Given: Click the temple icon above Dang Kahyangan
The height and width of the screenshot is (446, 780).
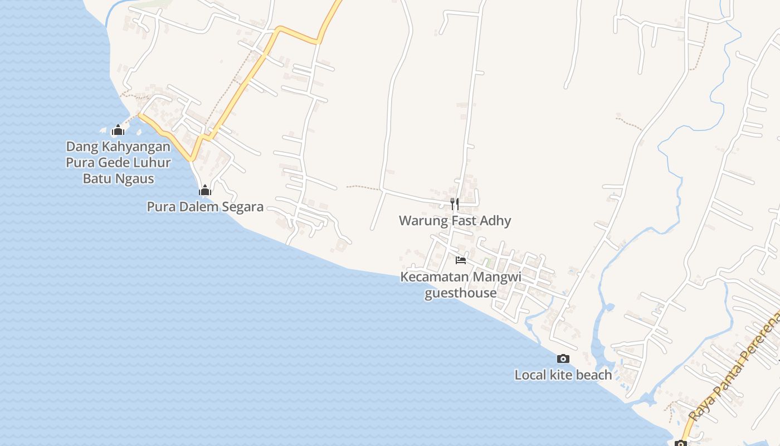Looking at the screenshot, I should click(x=118, y=130).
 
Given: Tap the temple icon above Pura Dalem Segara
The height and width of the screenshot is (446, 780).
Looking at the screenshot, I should click(x=205, y=191).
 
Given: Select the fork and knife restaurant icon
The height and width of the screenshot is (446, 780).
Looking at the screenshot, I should click(x=455, y=204).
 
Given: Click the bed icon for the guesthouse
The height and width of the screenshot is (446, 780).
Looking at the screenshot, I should click(x=460, y=260).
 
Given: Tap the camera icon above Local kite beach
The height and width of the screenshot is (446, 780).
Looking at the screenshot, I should click(x=563, y=358).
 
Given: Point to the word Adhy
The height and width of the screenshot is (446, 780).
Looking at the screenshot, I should click(x=496, y=221).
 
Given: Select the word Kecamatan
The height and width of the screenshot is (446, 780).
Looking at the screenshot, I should click(x=435, y=277).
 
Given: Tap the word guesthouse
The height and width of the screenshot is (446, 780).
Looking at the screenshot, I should click(x=460, y=293).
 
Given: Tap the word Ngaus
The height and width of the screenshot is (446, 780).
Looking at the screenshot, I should click(x=134, y=179).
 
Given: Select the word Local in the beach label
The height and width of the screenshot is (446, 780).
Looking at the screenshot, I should click(x=530, y=375).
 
